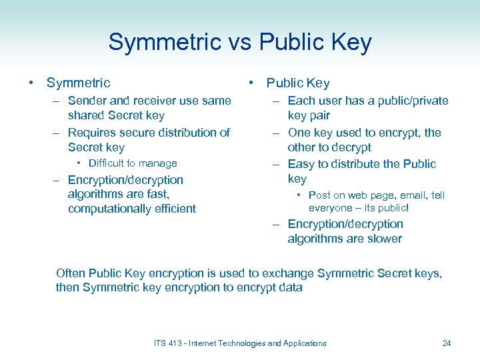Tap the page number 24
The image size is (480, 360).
click(x=447, y=343)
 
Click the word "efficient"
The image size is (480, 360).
click(x=175, y=209)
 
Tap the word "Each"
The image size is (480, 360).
click(x=301, y=101)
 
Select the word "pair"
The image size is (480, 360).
click(x=319, y=115)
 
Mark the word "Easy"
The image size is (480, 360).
click(x=301, y=164)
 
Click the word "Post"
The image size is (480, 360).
click(x=319, y=195)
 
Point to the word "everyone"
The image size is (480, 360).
click(x=329, y=208)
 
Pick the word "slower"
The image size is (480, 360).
click(x=383, y=239)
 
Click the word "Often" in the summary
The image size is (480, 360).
click(x=71, y=273)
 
